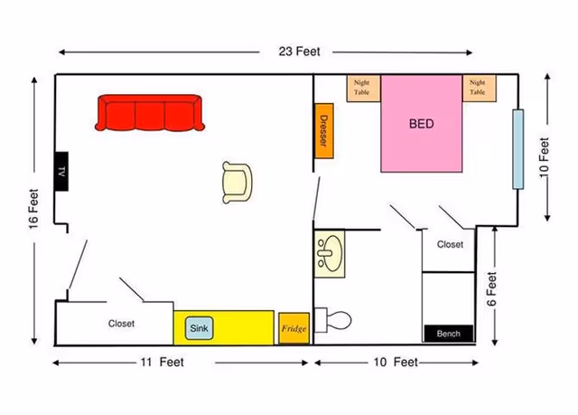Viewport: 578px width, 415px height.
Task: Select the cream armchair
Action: pos(238,181)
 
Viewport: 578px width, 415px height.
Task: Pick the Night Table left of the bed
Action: pos(362,88)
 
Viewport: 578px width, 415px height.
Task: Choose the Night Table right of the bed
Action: pos(477,88)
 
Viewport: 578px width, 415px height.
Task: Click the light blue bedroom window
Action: pos(518,148)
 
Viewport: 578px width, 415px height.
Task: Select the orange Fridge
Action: pos(294,327)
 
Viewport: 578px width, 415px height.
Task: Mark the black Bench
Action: pos(448,334)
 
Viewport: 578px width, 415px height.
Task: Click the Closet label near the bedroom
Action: pos(450,244)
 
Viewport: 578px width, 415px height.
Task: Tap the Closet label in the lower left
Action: pos(121,323)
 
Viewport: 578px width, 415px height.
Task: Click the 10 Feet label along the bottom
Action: pos(395,363)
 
